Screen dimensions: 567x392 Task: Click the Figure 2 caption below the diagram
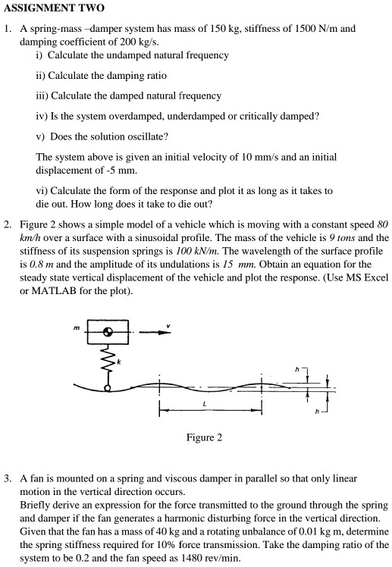tap(204, 437)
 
